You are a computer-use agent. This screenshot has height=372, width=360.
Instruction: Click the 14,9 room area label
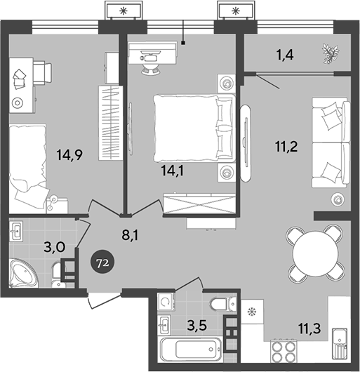pos(69,156)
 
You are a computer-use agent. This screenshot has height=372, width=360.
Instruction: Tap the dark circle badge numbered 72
pos(101,263)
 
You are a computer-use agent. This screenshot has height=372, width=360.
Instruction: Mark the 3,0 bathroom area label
pos(36,247)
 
